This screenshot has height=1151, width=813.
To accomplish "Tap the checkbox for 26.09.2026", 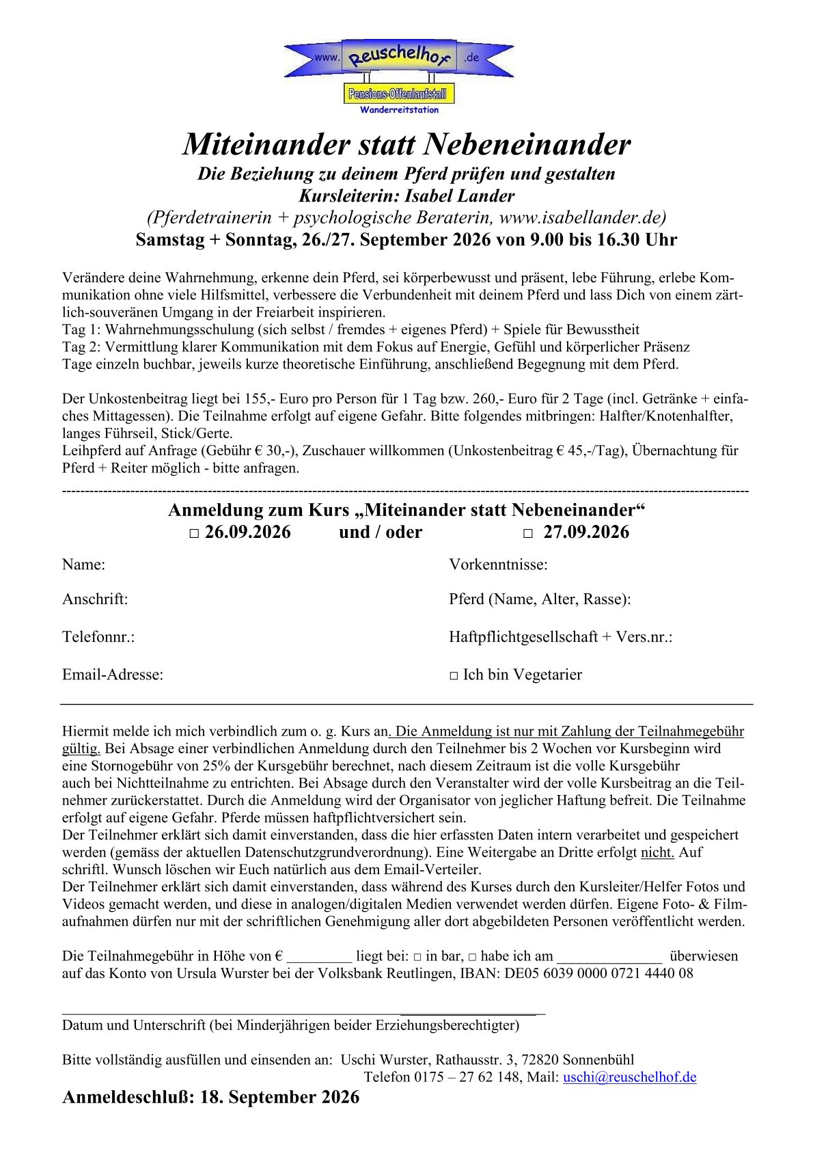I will pos(194,534).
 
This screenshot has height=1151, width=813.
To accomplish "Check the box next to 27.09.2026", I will pos(527,534).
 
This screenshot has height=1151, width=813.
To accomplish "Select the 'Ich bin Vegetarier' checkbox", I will pos(454,676).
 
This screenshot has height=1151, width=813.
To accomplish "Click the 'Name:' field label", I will pos(83,565).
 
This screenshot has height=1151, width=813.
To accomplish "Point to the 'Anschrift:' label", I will pos(95,599).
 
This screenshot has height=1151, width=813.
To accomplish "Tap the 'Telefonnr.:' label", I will pos(98,637).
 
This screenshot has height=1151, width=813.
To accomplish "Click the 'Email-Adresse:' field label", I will pos(113,675).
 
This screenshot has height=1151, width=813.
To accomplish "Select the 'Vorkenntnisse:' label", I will pos(498,565).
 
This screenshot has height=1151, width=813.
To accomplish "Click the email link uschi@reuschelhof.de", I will pos(629,1077).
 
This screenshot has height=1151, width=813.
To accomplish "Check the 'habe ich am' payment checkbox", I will pos(472,957).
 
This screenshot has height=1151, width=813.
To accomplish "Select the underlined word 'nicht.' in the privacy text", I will pos(657,852).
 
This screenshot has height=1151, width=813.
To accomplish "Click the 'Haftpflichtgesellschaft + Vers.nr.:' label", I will pos(560,637).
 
